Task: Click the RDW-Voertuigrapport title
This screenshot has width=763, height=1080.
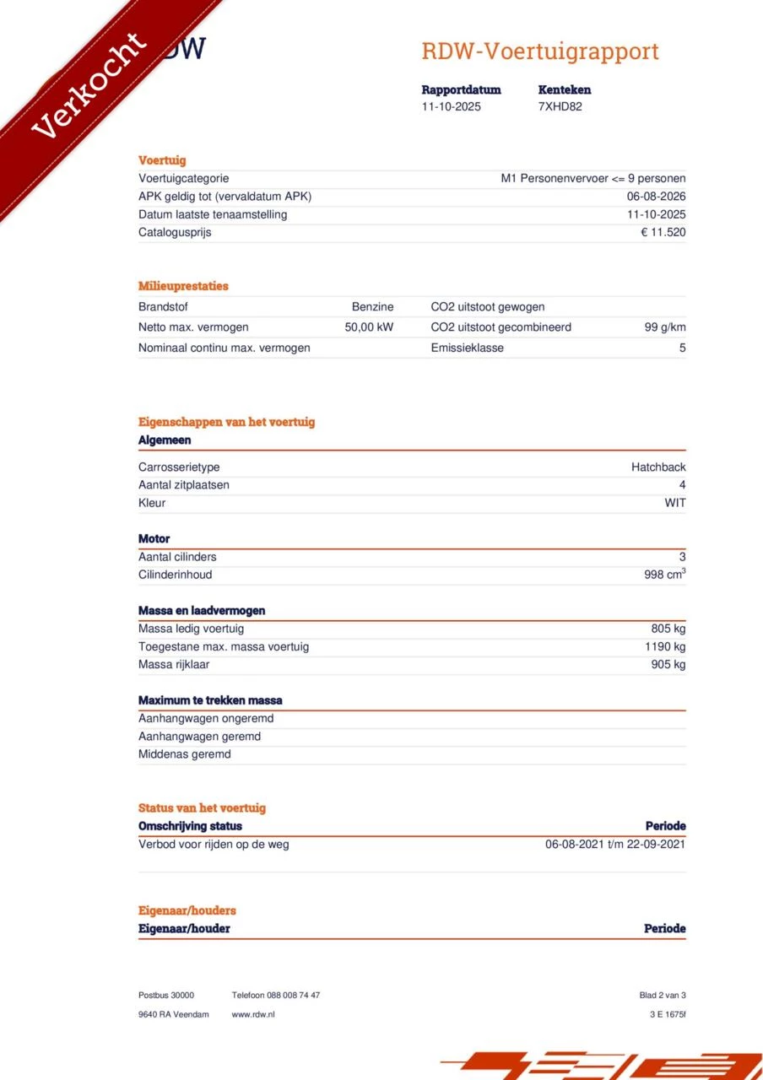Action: [x=540, y=51]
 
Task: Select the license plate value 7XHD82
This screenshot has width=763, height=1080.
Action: [x=560, y=106]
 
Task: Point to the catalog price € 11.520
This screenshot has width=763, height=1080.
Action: [x=663, y=232]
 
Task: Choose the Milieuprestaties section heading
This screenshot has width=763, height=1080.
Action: [x=183, y=286]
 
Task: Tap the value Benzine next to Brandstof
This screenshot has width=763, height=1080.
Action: [x=372, y=307]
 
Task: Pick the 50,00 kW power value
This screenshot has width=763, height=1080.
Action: [x=369, y=327]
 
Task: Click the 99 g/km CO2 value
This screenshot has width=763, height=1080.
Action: [x=664, y=327]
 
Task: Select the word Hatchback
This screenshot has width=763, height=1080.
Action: [x=658, y=467]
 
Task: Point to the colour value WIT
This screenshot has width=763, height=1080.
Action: [x=674, y=503]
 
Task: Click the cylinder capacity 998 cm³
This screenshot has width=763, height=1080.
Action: [x=664, y=575]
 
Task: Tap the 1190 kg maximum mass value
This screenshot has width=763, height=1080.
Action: [x=665, y=647]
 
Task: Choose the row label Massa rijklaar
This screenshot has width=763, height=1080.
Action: [x=174, y=665]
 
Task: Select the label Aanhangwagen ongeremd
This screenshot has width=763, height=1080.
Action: [x=205, y=719]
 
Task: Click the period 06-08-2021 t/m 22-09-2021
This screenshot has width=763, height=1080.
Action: [x=615, y=844]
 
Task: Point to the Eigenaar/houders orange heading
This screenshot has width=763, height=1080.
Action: [x=187, y=910]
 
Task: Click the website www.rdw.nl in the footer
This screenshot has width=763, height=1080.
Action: [x=252, y=1014]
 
